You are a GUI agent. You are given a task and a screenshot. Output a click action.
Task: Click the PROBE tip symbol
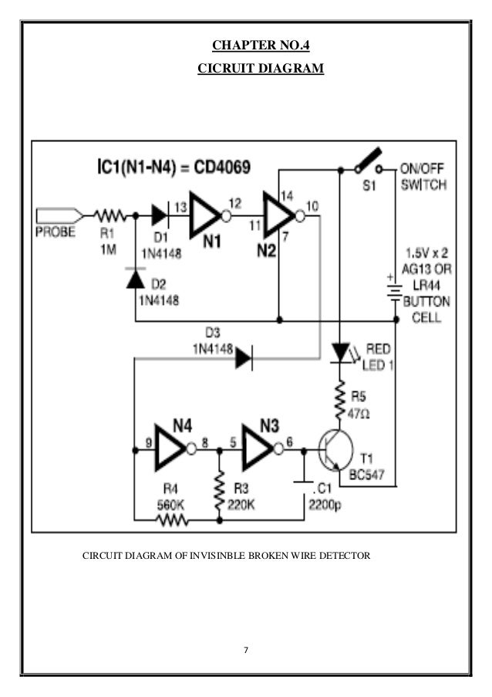[x=59, y=216]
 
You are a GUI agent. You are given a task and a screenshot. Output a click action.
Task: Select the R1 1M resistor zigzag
[x=110, y=216]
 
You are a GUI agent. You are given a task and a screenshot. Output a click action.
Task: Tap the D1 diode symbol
[x=160, y=216]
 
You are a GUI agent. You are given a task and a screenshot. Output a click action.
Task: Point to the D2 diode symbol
[x=136, y=279]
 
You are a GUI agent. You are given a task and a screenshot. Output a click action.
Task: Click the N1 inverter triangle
[x=205, y=216]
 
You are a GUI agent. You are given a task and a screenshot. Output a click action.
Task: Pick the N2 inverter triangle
[x=279, y=216]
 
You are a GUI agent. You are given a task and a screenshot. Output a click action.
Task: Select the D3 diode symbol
[x=244, y=357]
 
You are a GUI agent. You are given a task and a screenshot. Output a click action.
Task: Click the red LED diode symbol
[x=341, y=354]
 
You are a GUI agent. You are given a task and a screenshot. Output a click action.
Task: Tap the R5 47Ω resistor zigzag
[x=340, y=400]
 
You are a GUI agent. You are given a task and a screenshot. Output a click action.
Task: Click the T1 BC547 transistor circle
[x=336, y=450]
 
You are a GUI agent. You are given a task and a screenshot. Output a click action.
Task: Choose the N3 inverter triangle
[x=258, y=448]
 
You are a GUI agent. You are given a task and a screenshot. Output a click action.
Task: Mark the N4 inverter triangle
[x=171, y=448]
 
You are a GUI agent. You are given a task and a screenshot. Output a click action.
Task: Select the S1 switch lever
[x=369, y=159]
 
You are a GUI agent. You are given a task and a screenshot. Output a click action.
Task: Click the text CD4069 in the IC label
[x=222, y=167]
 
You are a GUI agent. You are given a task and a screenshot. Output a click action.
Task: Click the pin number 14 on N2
[x=286, y=195]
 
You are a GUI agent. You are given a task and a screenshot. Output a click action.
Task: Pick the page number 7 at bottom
[x=246, y=650]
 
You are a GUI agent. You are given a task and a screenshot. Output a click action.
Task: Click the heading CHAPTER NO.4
[x=261, y=45]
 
